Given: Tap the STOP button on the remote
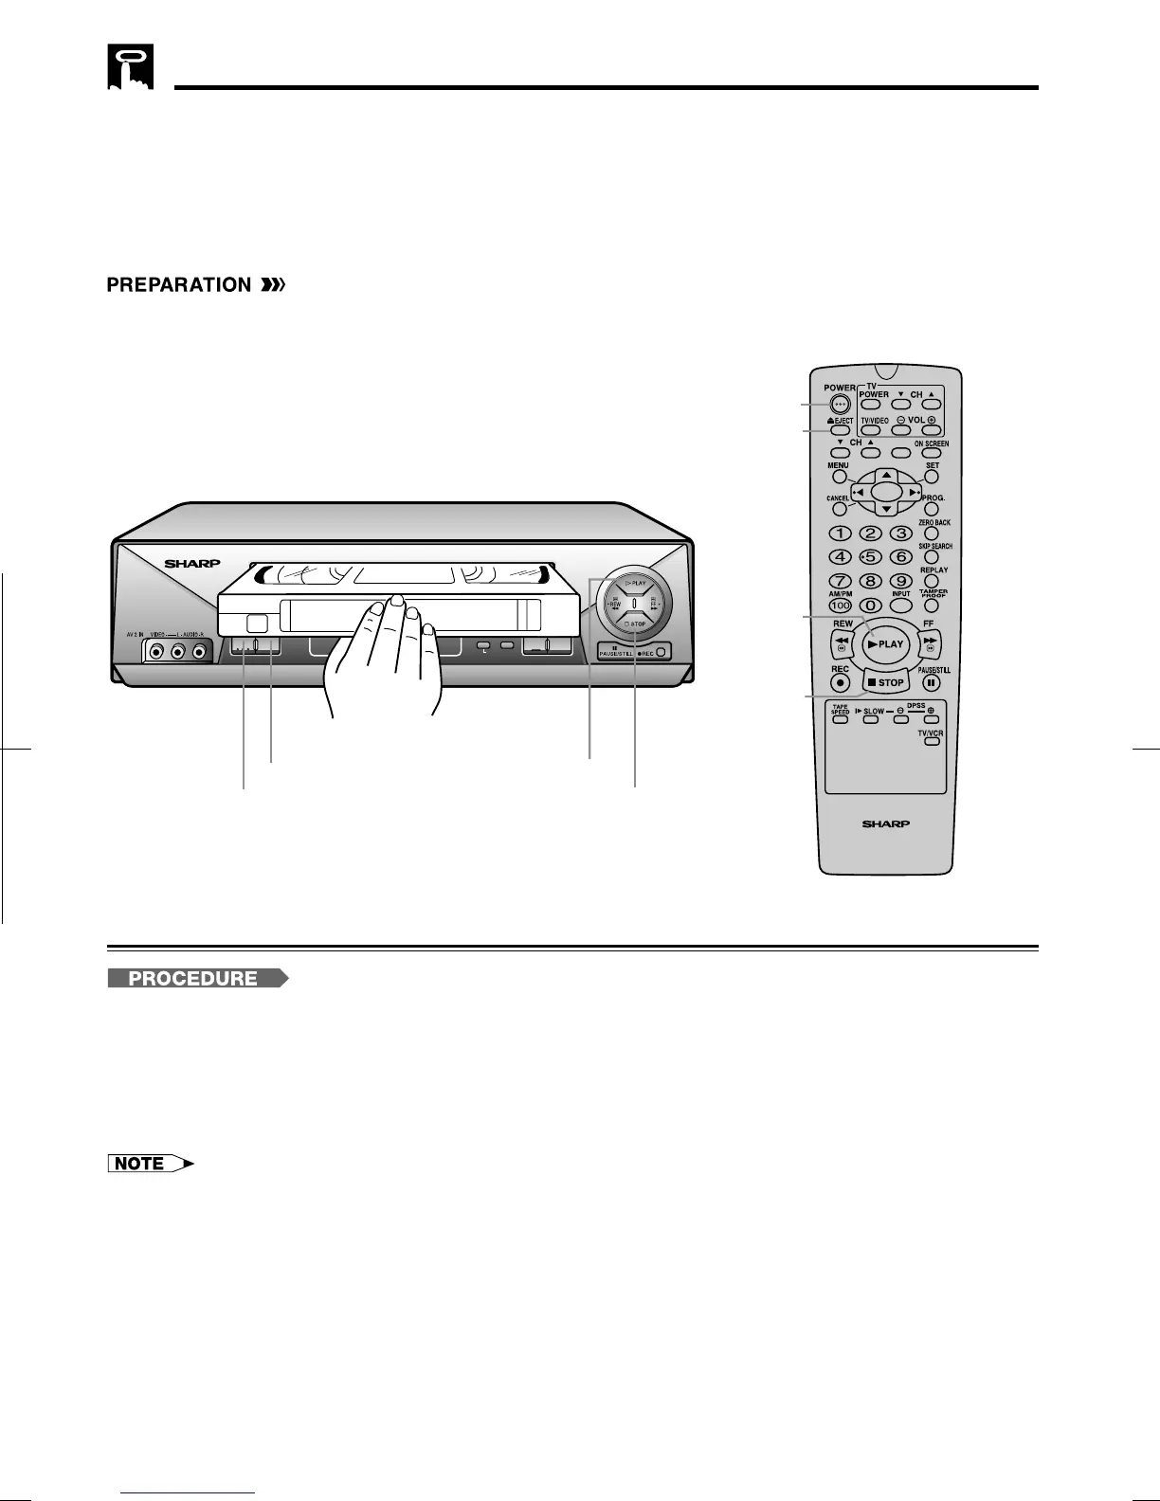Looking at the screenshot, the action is (885, 682).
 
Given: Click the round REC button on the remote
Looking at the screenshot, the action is (840, 681).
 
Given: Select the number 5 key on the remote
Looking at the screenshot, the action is (872, 556).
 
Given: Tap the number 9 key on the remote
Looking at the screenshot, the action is (902, 581).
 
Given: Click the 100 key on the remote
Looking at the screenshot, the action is (840, 605).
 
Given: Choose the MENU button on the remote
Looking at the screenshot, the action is (840, 477).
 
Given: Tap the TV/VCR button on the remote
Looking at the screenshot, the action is (932, 741).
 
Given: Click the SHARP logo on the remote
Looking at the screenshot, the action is (885, 824).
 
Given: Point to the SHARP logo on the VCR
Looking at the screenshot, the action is (192, 564).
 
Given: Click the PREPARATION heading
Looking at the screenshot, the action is (178, 285).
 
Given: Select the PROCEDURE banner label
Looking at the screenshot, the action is (194, 979).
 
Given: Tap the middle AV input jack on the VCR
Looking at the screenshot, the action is (177, 652).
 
